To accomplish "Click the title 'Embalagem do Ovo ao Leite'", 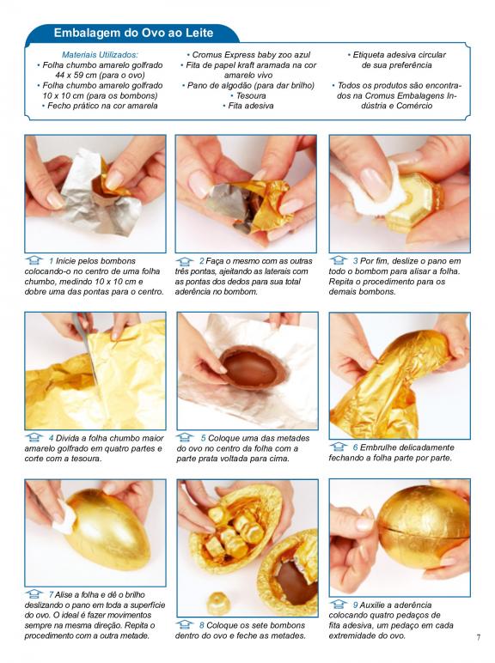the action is pyautogui.click(x=133, y=33).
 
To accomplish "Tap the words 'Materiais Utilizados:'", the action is pyautogui.click(x=100, y=55).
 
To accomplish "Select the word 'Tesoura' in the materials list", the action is pyautogui.click(x=251, y=95).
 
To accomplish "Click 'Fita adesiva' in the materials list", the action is pyautogui.click(x=251, y=106).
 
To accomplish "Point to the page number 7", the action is pyautogui.click(x=478, y=636).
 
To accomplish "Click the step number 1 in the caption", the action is pyautogui.click(x=52, y=261).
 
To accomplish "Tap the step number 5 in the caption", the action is pyautogui.click(x=203, y=438).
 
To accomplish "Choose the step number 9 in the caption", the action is pyautogui.click(x=356, y=605).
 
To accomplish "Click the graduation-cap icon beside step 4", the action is pyautogui.click(x=34, y=437).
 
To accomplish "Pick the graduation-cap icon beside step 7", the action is pyautogui.click(x=34, y=593).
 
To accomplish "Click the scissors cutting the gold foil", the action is pyautogui.click(x=87, y=347).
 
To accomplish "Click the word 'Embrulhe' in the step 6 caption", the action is pyautogui.click(x=377, y=447).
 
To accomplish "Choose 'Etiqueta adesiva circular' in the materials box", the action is pyautogui.click(x=400, y=55).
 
